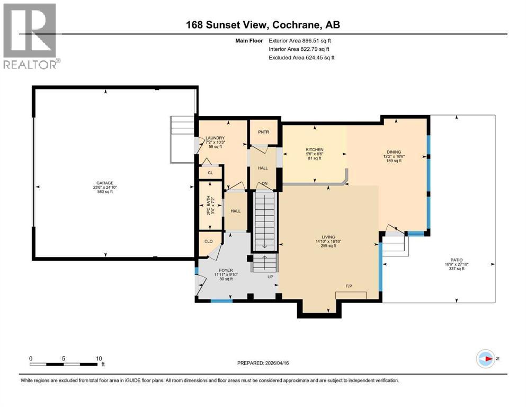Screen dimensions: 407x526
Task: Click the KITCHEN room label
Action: pyautogui.click(x=314, y=150)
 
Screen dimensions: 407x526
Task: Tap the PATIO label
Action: pyautogui.click(x=450, y=260)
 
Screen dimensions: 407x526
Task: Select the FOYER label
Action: pyautogui.click(x=211, y=270)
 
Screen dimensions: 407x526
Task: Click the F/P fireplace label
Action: pyautogui.click(x=349, y=286)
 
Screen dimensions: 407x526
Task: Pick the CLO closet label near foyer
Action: pyautogui.click(x=209, y=241)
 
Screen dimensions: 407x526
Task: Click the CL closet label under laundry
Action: pyautogui.click(x=210, y=173)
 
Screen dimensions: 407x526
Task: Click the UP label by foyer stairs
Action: pyautogui.click(x=270, y=277)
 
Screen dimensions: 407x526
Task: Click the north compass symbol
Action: pyautogui.click(x=485, y=359)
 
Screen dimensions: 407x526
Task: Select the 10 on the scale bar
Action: pyautogui.click(x=99, y=358)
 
